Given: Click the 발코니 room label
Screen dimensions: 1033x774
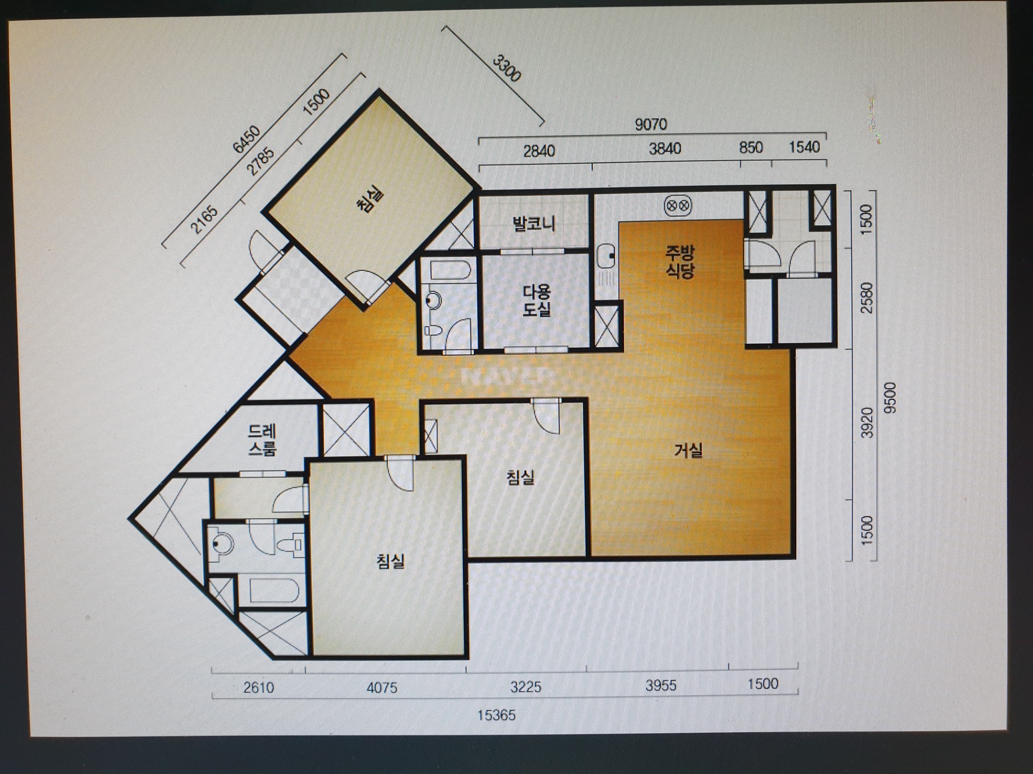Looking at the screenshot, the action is click(534, 223).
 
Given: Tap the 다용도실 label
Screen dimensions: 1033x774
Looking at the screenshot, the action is click(536, 300).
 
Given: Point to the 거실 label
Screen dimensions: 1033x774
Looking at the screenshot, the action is click(688, 450).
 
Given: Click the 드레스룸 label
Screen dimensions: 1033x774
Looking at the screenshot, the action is click(262, 440).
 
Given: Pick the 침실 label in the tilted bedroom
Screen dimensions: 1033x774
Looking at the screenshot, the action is click(370, 199).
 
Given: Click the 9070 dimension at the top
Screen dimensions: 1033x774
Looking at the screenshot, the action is click(650, 125).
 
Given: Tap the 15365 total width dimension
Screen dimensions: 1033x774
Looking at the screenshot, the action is click(497, 715).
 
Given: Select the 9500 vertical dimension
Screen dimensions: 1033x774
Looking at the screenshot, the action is click(890, 397).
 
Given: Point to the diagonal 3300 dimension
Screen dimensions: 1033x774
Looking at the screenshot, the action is click(507, 68).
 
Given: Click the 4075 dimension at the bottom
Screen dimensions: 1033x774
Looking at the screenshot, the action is click(382, 687).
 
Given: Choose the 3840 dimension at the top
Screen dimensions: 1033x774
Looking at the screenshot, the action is click(665, 148).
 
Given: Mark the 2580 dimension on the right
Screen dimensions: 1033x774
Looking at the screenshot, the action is click(867, 298).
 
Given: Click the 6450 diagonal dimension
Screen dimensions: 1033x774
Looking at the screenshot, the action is click(246, 139).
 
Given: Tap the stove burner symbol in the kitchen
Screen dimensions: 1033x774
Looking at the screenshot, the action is click(678, 205).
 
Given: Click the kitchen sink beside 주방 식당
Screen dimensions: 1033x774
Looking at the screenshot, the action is click(606, 256).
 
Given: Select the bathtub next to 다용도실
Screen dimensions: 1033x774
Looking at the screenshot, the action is click(450, 270).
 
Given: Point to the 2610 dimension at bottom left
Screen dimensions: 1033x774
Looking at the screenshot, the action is click(259, 687).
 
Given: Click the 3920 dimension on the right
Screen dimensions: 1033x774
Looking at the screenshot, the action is click(867, 422).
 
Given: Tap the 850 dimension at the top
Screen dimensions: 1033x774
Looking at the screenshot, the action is click(751, 147).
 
